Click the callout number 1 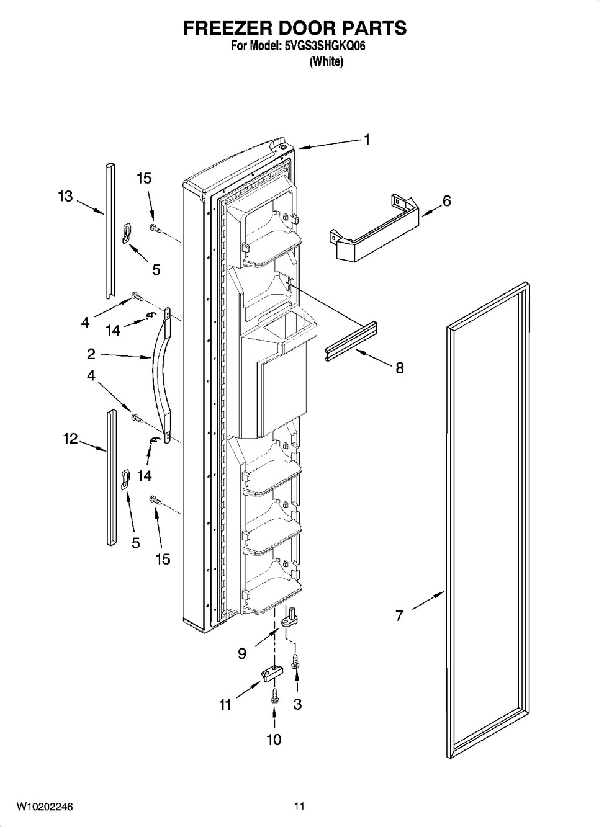pos(367,140)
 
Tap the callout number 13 pos(65,197)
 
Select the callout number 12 pos(70,439)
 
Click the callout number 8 pos(400,368)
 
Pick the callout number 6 pos(446,201)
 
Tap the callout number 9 pos(242,654)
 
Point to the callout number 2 pos(91,354)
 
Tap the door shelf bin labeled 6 pos(374,228)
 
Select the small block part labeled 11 pos(272,675)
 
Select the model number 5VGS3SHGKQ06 pos(325,47)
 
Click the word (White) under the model pos(327,61)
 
